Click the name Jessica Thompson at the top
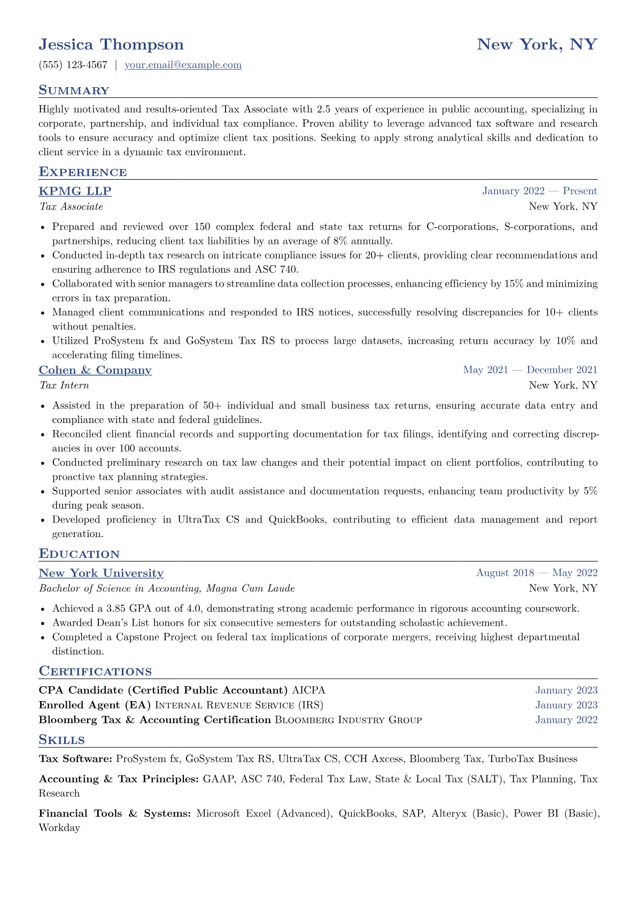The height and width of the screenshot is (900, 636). pos(111,44)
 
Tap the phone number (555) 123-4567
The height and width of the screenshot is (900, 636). pos(73,65)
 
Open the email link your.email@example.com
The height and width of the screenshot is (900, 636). pos(183,65)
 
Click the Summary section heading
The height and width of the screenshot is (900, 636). pos(74,90)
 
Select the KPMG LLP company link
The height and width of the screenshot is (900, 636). pos(75,191)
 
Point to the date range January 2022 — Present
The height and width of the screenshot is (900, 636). pos(539,191)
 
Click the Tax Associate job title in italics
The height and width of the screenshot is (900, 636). pos(71,206)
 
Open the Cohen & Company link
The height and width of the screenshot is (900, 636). pos(95,370)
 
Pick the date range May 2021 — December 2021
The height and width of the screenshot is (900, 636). pos(530,370)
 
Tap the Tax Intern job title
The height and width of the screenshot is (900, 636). pos(64,386)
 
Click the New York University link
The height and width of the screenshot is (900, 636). pos(101,573)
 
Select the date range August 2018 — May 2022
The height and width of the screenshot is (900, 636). pos(537,573)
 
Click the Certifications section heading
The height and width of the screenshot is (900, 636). pos(95,672)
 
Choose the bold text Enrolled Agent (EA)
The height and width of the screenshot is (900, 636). pos(95,705)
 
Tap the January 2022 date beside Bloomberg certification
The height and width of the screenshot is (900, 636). pos(567,720)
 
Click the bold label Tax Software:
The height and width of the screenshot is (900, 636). pos(75,759)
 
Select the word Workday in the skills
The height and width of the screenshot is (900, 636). pos(59,828)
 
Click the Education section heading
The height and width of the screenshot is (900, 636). pos(79,554)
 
